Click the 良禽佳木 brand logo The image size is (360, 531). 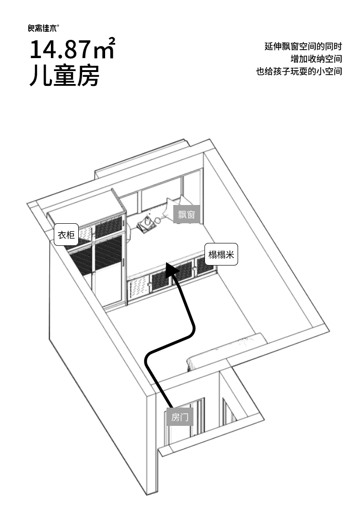click(44, 28)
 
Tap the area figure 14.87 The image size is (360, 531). click(61, 49)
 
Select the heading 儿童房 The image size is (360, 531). click(64, 75)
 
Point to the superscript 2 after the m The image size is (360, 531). click(112, 41)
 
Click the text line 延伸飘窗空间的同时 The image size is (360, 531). click(303, 46)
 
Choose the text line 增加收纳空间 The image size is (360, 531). click(316, 59)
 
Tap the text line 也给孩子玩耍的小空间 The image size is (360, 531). click(299, 71)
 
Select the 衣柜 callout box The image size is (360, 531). click(66, 235)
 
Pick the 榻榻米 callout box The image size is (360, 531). click(221, 254)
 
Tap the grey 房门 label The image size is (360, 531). click(180, 417)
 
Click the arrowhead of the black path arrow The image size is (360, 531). click(172, 269)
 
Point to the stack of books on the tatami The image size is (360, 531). click(145, 227)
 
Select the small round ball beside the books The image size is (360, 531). click(157, 220)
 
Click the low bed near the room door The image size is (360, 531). click(225, 352)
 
